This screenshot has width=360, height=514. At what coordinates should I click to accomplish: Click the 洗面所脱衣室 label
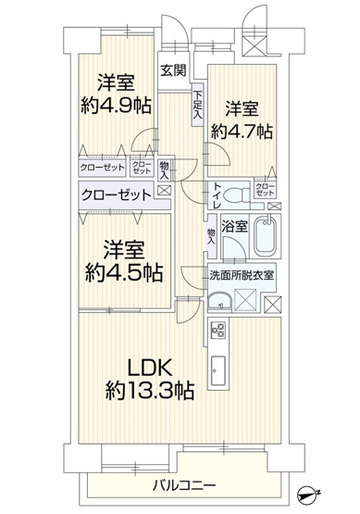242,275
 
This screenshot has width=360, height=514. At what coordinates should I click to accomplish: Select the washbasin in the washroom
219,300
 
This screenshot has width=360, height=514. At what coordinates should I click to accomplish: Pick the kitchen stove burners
219,329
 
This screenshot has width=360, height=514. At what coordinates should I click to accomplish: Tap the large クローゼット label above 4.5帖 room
116,195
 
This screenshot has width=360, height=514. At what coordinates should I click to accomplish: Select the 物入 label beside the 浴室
212,235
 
